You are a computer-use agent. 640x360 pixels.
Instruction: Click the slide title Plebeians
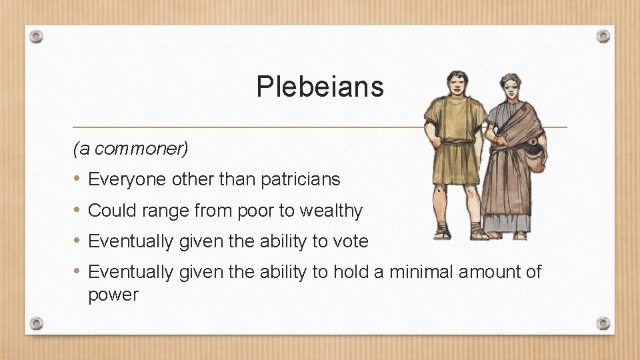pos(320,87)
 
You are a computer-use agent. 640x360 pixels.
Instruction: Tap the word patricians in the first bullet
pos(301,179)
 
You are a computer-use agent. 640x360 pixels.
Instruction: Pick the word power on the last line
pos(113,295)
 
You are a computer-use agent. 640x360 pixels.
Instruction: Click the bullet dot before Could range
pos(77,211)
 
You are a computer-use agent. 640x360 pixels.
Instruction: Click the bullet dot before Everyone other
pos(77,179)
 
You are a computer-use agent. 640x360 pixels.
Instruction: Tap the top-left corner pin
pos(37,36)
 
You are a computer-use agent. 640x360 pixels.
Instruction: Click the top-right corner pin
pos(603,36)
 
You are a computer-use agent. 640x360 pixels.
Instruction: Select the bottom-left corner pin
pos(37,323)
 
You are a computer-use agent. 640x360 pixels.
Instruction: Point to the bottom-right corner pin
pos(603,323)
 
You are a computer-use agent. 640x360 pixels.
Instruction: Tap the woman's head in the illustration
pos(512,86)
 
